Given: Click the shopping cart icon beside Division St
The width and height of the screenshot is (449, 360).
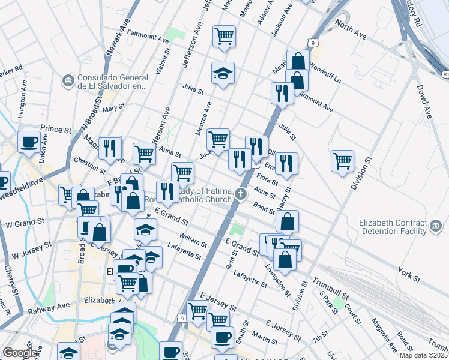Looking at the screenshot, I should pos(342,160).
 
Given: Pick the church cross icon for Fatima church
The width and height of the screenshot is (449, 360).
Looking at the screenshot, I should pos(241,193).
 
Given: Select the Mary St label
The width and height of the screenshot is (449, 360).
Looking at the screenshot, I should pos(113,107).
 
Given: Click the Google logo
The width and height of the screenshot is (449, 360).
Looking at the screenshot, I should pos(20,353).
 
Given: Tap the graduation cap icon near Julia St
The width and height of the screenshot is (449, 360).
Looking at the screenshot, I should pos(223,73).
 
